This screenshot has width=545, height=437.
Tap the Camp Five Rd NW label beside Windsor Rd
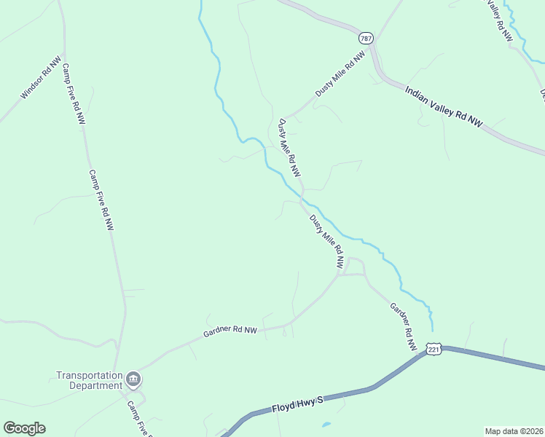point(74,94)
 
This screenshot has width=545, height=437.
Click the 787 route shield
point(366,37)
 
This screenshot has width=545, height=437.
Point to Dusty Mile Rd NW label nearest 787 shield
point(339,75)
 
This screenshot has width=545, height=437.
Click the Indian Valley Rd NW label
point(443,107)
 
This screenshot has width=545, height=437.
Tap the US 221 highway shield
point(434,350)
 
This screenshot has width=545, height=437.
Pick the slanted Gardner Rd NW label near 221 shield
point(402,328)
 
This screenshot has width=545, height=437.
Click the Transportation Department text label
point(90,380)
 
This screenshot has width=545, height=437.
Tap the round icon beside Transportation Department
point(133,379)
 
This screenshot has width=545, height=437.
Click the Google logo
point(24,428)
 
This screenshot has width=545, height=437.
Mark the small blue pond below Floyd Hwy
point(325,424)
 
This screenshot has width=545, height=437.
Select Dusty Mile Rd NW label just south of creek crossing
point(326,242)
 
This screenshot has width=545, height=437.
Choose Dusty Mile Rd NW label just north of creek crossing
point(289,149)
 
